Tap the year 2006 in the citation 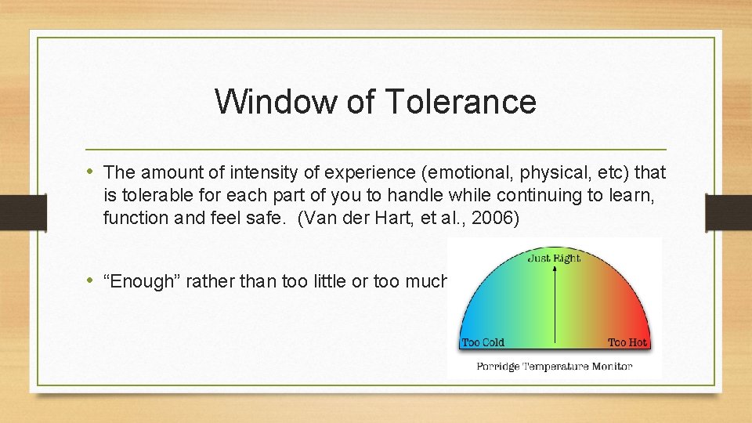click(496, 218)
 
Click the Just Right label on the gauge click(554, 258)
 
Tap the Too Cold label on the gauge click(483, 342)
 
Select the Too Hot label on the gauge click(627, 342)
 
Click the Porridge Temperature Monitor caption click(554, 366)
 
